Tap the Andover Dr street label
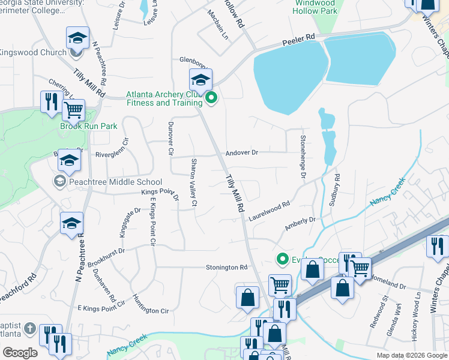click(x=242, y=153)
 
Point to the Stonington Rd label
click(x=226, y=267)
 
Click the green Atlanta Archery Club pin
click(x=211, y=98)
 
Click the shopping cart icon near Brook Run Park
click(x=73, y=110)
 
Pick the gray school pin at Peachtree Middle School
click(x=60, y=181)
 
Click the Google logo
click(x=20, y=352)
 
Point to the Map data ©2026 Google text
click(x=411, y=355)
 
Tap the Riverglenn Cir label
click(x=112, y=154)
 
